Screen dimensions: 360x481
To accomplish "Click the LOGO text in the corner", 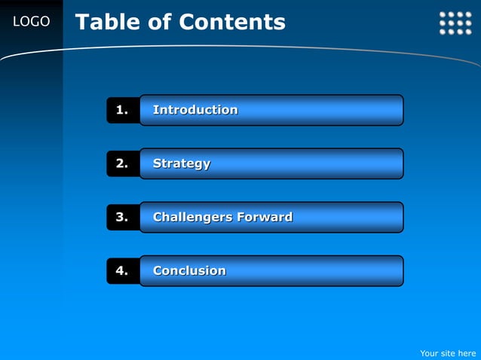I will point(31,22).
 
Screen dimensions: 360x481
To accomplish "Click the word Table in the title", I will point(107,22).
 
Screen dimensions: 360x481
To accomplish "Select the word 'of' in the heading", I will point(159,22).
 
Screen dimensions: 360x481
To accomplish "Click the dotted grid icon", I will point(455,23).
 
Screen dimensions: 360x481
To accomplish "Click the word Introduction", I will point(195,110).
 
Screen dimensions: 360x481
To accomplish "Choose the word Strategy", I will point(182,163).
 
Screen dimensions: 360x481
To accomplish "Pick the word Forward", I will point(265,217).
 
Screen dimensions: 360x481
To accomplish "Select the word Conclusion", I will point(189,270).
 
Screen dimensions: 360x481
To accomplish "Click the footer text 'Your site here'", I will point(448,352).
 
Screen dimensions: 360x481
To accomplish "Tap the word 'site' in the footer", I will point(447,352).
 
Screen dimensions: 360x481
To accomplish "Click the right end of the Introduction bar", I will point(396,110).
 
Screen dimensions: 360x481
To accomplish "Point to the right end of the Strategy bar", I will point(396,163).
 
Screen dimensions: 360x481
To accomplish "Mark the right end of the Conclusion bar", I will point(396,270).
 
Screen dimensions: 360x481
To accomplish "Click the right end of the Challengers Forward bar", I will point(396,217).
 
